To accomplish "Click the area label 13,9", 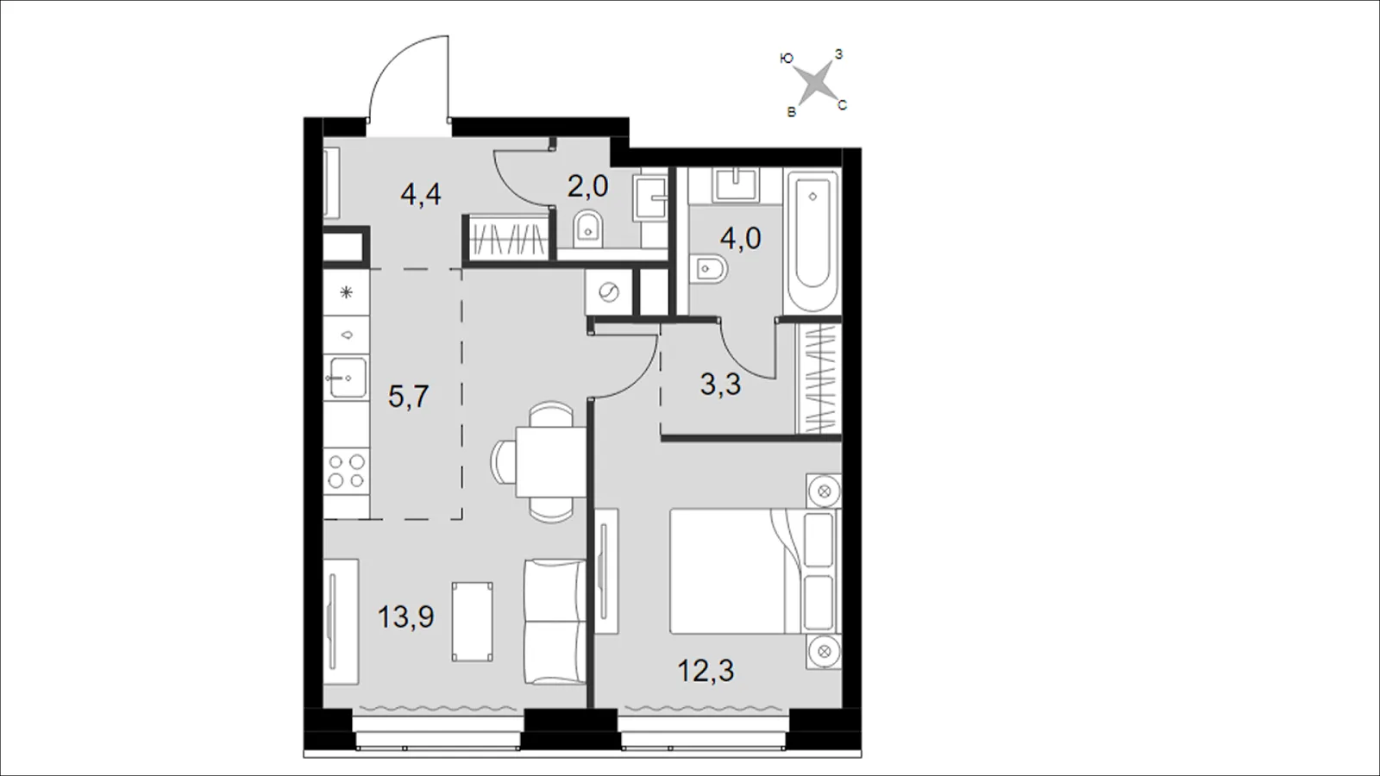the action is pyautogui.click(x=406, y=616).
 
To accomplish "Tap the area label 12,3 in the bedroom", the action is pyautogui.click(x=706, y=670).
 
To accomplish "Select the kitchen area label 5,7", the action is pyautogui.click(x=409, y=396).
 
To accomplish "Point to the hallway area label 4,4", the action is pyautogui.click(x=421, y=195).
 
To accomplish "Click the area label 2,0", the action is pyautogui.click(x=587, y=186).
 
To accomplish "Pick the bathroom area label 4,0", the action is pyautogui.click(x=741, y=238).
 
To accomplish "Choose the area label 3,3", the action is pyautogui.click(x=721, y=384).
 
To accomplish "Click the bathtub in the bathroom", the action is pyautogui.click(x=812, y=242).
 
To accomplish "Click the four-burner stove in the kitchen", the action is pyautogui.click(x=347, y=471).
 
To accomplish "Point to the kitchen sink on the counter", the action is pyautogui.click(x=346, y=378).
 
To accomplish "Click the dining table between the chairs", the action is pyautogui.click(x=551, y=462).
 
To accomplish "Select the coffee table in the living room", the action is pyautogui.click(x=473, y=622).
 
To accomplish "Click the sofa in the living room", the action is pyautogui.click(x=555, y=622).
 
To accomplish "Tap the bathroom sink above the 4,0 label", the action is pyautogui.click(x=735, y=185).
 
